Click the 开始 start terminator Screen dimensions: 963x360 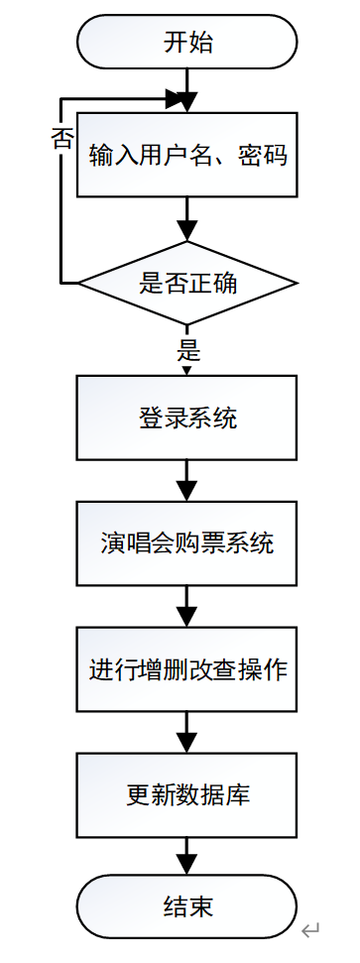click(x=186, y=43)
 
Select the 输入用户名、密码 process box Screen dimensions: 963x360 click(x=186, y=156)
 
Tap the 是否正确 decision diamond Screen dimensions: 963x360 click(x=186, y=283)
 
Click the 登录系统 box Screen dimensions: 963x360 click(x=186, y=418)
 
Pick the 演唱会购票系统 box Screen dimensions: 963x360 click(x=186, y=543)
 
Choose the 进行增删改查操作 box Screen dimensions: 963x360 click(x=186, y=668)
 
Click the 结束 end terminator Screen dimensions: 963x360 click(x=186, y=906)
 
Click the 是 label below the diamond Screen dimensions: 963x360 click(x=187, y=349)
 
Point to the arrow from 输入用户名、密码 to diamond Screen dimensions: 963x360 click(x=186, y=218)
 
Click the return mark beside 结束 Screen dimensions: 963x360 click(x=311, y=930)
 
